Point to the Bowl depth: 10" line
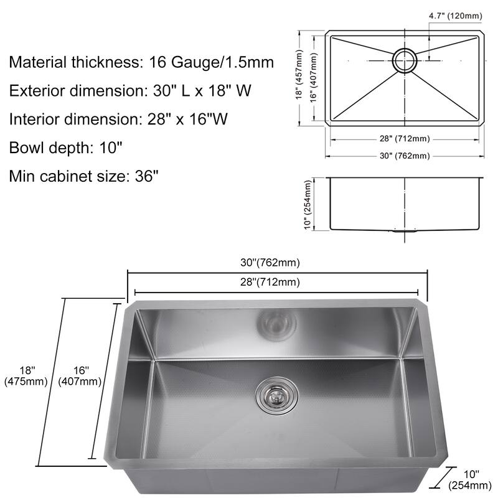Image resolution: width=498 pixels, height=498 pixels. point(65,148)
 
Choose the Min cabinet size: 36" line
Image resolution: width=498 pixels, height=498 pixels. point(84,176)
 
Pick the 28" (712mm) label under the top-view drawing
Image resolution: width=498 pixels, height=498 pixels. point(405,139)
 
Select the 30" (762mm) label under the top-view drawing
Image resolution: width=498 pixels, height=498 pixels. point(405,156)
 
